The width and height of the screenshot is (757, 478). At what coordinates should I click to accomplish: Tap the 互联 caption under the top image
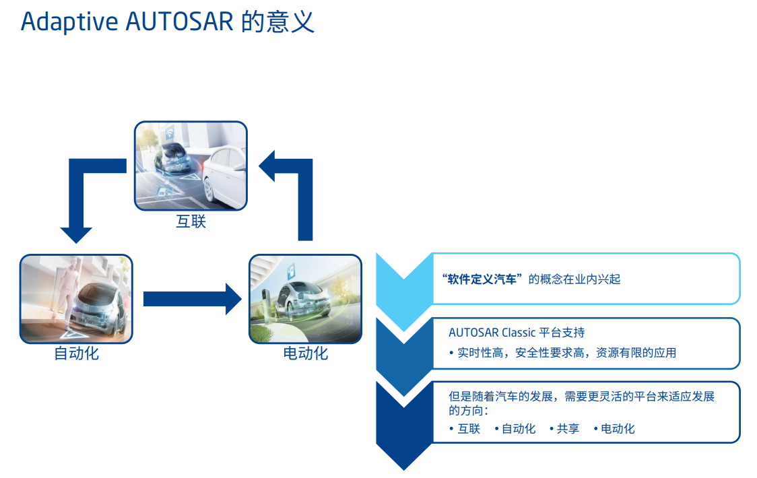click(x=191, y=221)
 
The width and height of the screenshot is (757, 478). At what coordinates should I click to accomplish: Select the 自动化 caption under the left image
click(x=76, y=353)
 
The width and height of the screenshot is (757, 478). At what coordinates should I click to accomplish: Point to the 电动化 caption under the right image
click(x=305, y=353)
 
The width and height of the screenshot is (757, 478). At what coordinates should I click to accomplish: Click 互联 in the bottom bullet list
click(x=469, y=429)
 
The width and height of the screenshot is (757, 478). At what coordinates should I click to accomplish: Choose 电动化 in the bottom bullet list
click(x=618, y=429)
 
